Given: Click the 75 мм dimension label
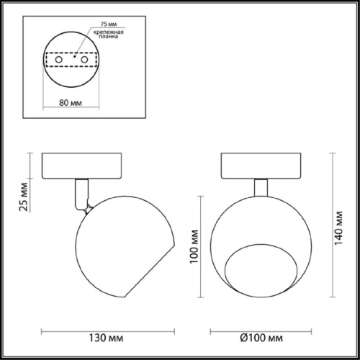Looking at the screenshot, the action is [109, 24].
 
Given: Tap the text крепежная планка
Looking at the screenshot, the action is [109, 34].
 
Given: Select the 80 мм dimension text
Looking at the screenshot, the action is [71, 103].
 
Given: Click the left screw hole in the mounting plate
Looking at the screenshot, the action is [59, 60].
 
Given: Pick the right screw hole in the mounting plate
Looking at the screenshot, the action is [84, 60].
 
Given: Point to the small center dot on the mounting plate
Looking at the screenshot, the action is [75, 57].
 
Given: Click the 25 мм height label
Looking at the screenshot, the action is [24, 197].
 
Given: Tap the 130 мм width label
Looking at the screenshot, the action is [107, 338].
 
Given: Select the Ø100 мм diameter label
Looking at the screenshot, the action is [261, 338].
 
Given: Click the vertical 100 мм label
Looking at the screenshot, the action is [194, 247].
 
